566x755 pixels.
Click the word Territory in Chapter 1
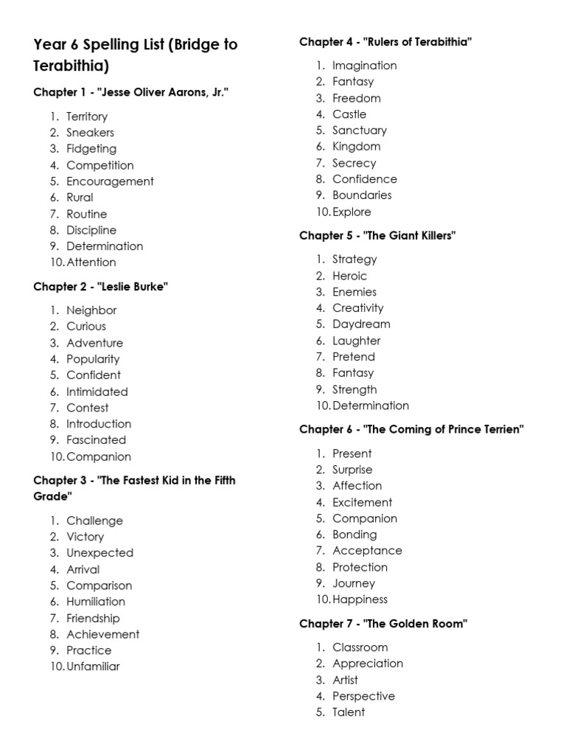point(87,116)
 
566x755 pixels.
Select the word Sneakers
point(90,133)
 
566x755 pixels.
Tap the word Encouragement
point(110,181)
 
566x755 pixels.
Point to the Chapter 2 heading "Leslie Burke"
point(101,287)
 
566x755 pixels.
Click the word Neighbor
point(91,310)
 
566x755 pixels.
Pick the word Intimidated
point(97,392)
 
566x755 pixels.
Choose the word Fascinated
point(96,440)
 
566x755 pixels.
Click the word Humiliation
point(96,602)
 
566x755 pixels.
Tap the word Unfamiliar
point(93,667)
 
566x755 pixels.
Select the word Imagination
point(364,66)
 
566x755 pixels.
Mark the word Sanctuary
point(359,131)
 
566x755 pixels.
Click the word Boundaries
point(362,195)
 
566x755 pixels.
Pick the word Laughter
point(356,341)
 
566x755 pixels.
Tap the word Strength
point(354,389)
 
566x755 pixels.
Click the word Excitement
point(362,502)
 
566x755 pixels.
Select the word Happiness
point(360,599)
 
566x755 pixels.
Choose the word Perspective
point(363,696)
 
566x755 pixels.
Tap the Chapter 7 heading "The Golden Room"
point(383,624)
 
